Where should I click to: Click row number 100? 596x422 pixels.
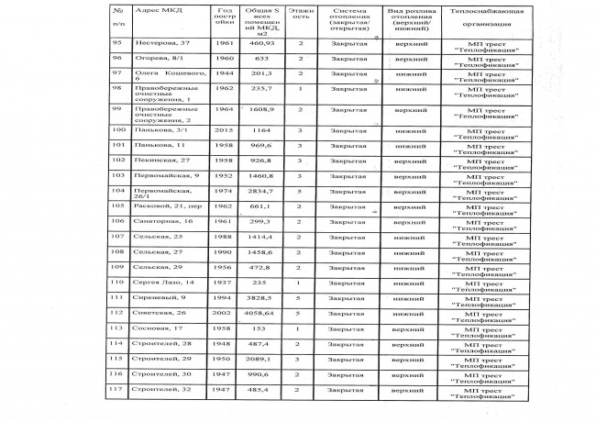(x=116, y=130)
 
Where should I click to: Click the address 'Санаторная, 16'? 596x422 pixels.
(x=162, y=221)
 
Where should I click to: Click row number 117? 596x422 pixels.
(x=116, y=390)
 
